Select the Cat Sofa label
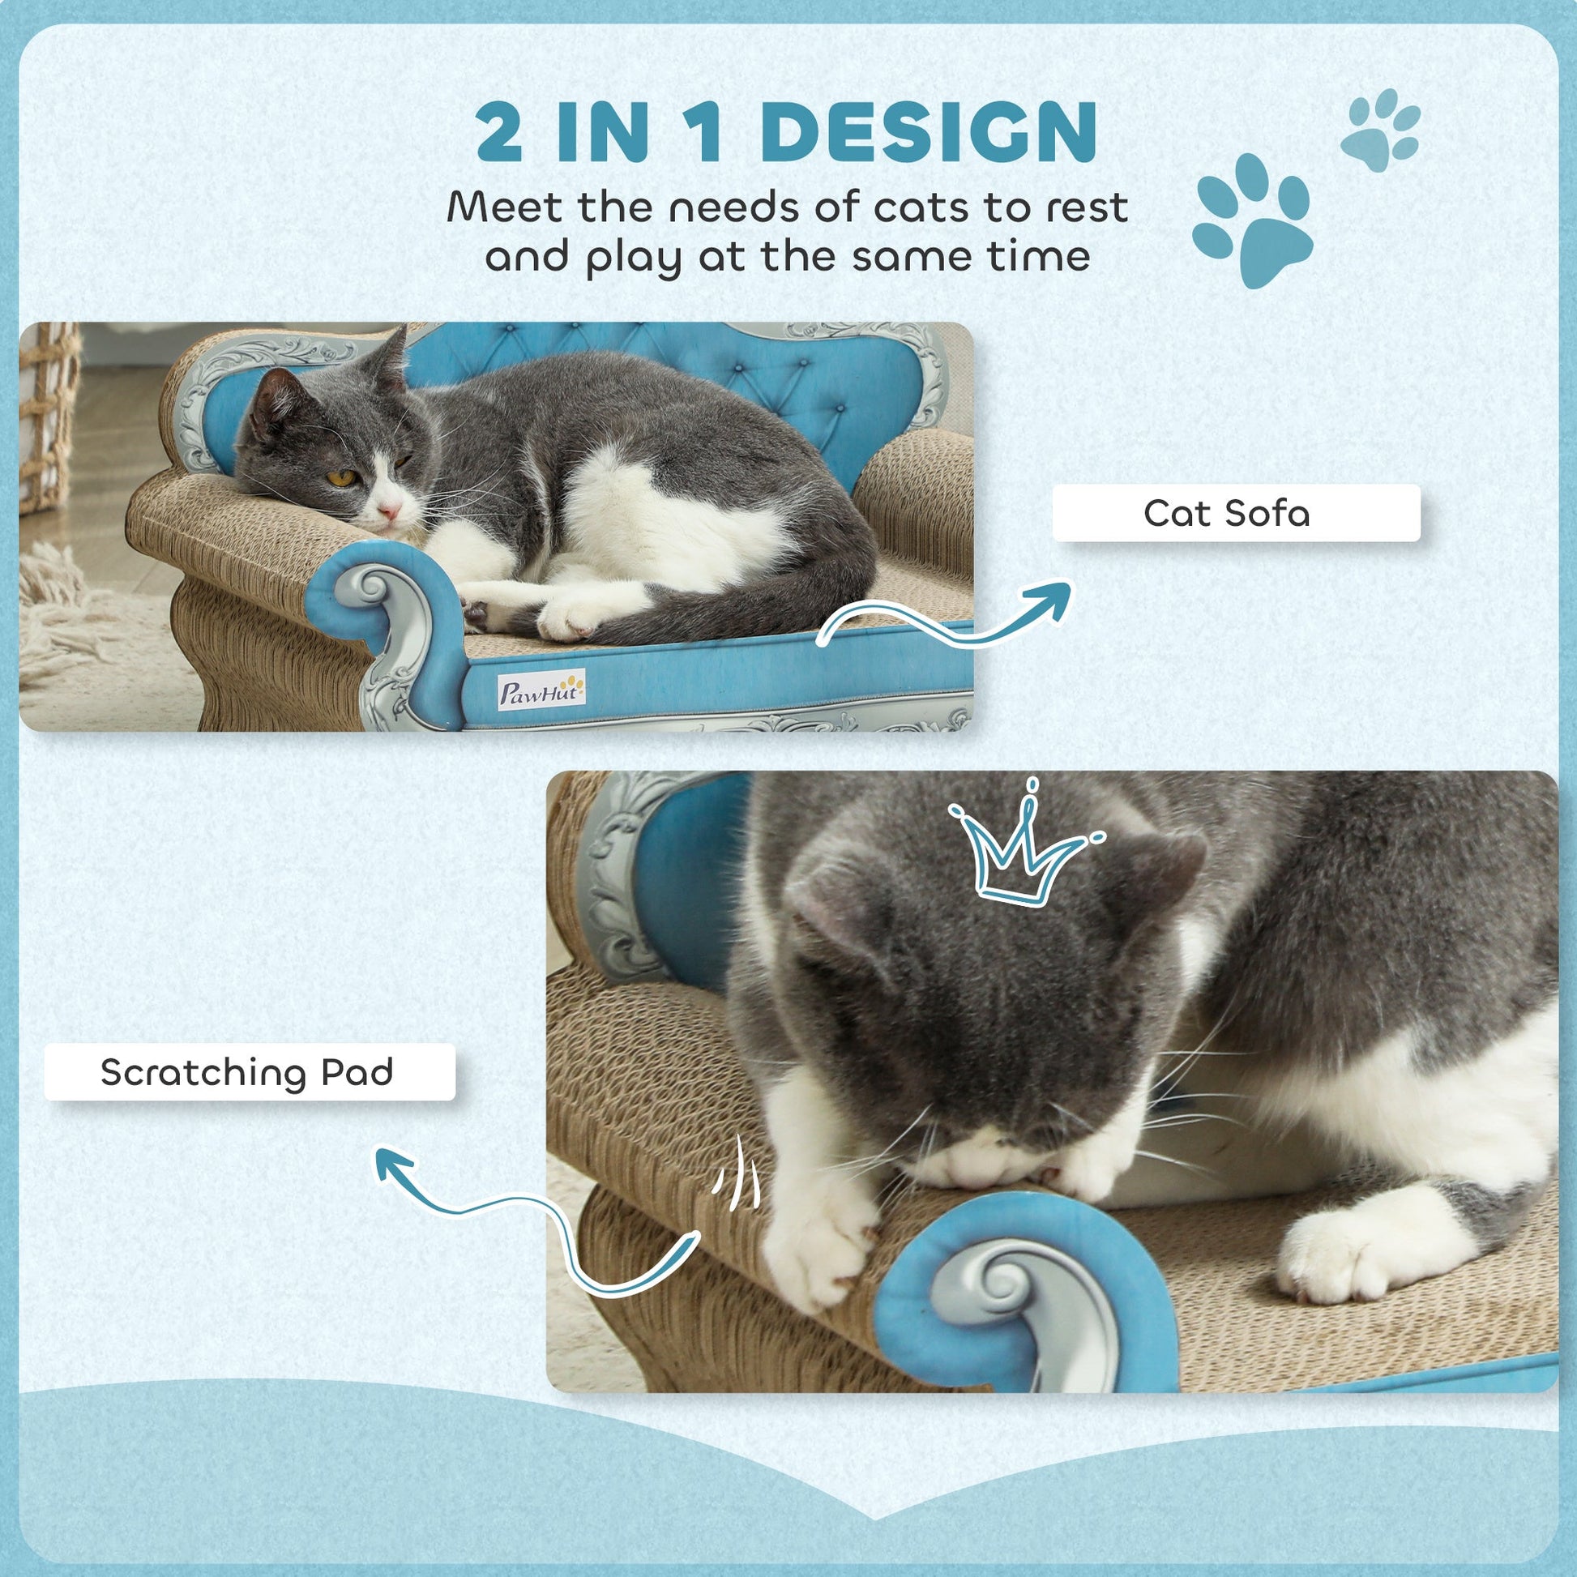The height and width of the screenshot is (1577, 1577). pos(1236,513)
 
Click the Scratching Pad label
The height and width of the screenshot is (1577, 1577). pos(248,1072)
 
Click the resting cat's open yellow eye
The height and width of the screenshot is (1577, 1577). pos(340,477)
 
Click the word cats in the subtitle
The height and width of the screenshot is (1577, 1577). pos(924,208)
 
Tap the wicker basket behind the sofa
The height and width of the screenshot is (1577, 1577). pos(49,417)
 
